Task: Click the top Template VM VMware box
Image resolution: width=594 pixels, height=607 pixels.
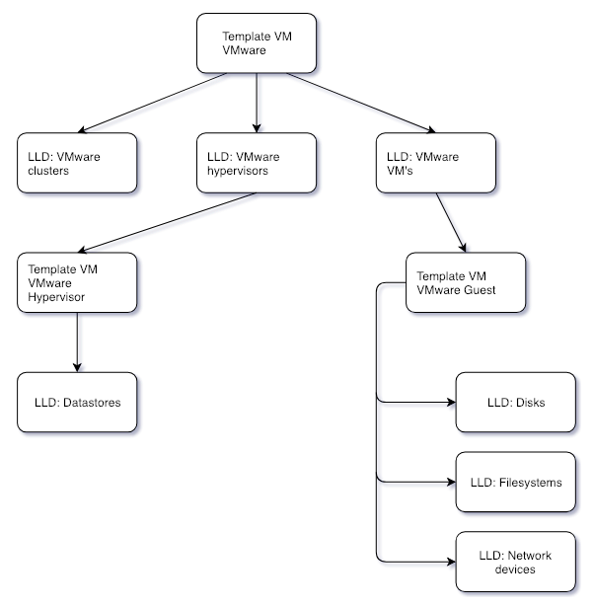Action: coord(257,43)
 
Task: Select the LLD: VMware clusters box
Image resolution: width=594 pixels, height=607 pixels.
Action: coord(77,163)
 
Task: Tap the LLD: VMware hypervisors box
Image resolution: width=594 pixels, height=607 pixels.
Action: coord(257,163)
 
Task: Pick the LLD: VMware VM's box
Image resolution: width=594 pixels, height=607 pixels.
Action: coord(436,163)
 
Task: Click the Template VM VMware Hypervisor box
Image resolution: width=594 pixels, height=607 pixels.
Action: coord(77,282)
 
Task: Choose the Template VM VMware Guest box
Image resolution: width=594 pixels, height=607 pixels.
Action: coord(466,282)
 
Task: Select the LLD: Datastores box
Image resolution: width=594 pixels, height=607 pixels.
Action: coord(77,403)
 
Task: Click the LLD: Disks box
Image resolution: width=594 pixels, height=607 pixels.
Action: coord(515,403)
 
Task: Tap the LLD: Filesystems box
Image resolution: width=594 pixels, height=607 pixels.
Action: coord(515,482)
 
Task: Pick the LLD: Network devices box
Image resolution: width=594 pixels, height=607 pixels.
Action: coord(515,562)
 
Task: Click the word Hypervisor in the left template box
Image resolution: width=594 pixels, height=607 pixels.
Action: coord(56,297)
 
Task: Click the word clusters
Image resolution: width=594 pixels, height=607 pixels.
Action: coord(48,171)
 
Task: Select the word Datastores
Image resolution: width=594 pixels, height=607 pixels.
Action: coord(92,403)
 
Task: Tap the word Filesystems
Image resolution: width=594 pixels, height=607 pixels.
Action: coord(530,483)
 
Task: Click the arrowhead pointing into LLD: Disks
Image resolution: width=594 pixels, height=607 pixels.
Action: coord(452,403)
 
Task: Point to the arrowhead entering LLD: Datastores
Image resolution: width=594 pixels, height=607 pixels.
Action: coord(77,368)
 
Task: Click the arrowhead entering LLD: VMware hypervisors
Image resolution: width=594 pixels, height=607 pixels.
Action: coord(257,128)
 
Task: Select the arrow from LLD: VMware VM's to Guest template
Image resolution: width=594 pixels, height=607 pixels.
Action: coord(451,223)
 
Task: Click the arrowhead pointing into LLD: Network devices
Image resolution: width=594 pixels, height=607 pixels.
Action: coord(452,562)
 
